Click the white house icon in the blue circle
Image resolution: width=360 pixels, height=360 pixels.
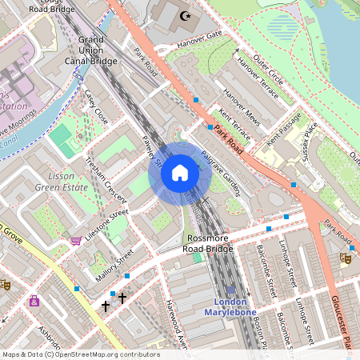point(180,172)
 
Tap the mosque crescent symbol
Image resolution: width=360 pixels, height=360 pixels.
point(186,15)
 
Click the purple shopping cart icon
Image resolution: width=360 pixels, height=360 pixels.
point(76,239)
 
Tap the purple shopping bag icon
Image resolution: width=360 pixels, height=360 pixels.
point(34,302)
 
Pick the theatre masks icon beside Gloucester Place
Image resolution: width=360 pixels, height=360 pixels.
point(346,258)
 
